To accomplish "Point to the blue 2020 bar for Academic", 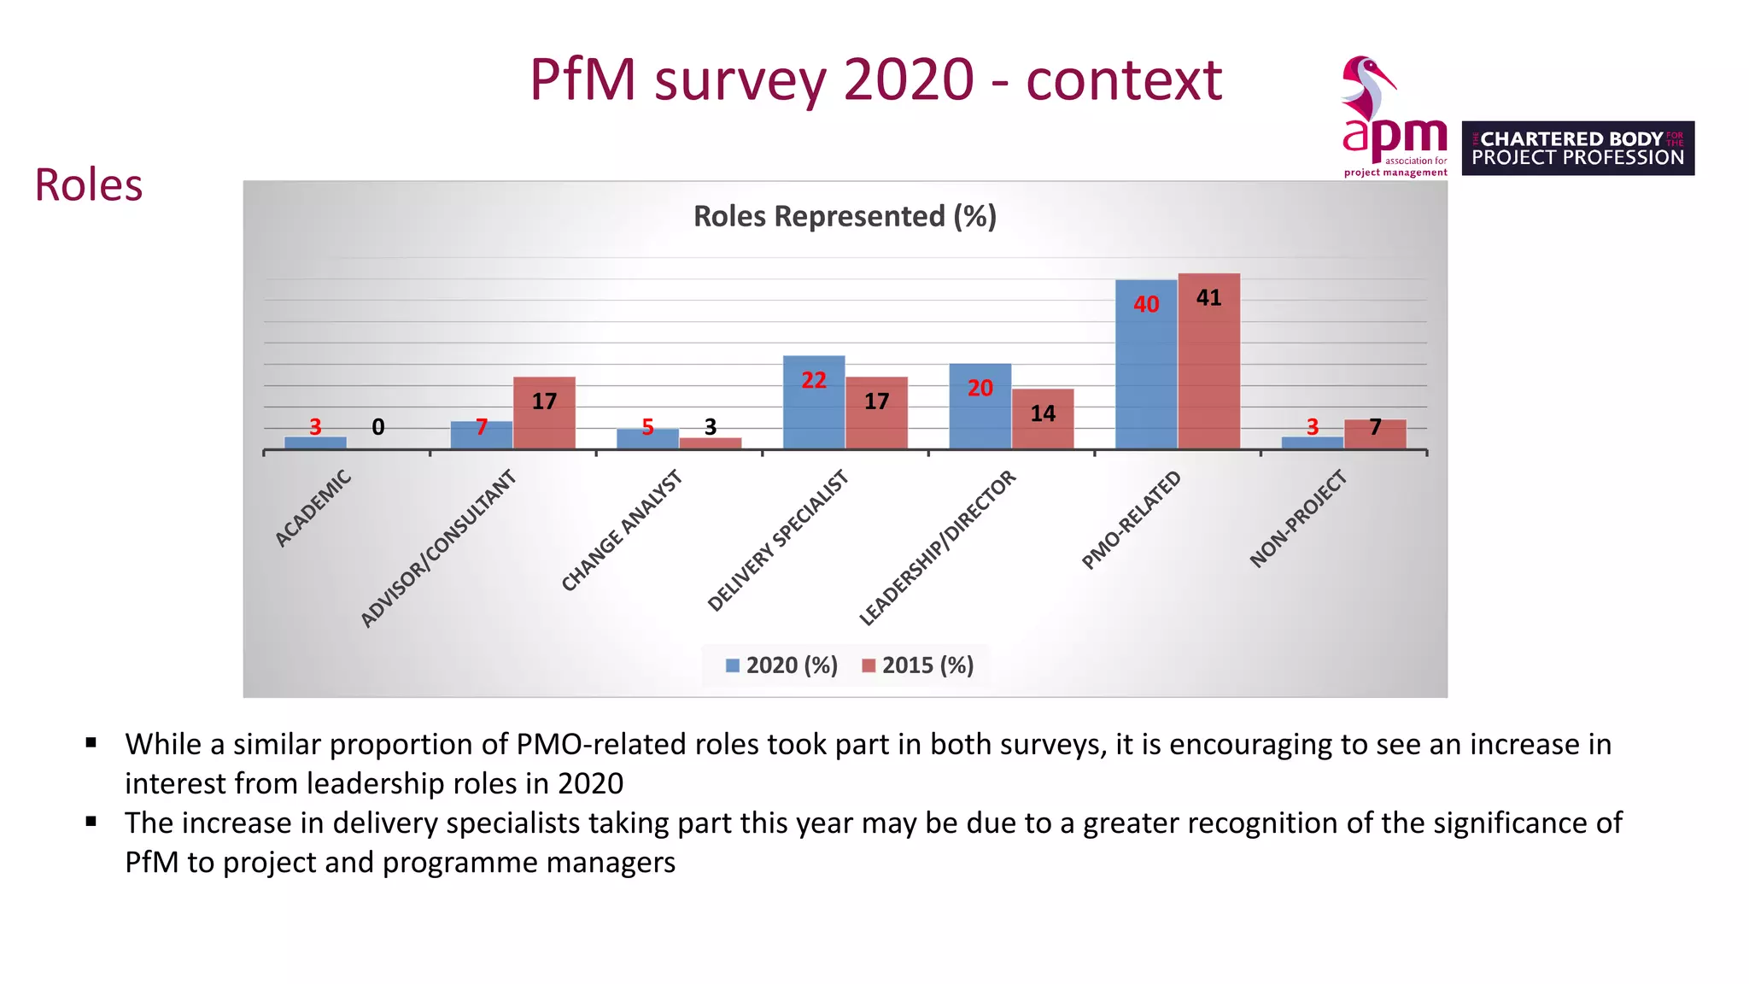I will click(315, 442).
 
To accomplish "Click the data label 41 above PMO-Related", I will click(1208, 298).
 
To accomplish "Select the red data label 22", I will click(814, 381).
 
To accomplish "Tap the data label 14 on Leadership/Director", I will click(1043, 414).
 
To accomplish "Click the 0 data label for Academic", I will click(378, 427).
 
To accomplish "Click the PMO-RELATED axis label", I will click(1131, 520).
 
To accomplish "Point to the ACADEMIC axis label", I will click(313, 508).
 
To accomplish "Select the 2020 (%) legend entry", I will click(781, 665).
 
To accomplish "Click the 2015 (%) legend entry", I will click(918, 665).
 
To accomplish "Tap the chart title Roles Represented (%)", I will click(845, 217).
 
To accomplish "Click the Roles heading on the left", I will click(88, 185).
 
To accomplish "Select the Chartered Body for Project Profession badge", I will click(1577, 149).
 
